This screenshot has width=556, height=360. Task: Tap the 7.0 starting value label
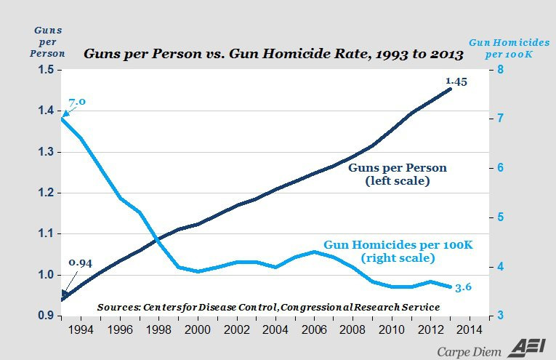(78, 101)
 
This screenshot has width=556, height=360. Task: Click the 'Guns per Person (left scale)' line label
(397, 174)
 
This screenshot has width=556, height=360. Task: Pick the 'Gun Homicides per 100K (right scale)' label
(398, 252)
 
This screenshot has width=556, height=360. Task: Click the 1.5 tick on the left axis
(44, 70)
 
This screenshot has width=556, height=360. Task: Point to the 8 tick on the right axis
(500, 70)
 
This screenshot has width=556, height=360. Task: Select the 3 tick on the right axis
(500, 316)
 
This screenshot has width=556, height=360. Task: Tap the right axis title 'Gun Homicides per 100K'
(509, 49)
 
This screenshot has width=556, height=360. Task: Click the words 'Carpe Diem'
(469, 350)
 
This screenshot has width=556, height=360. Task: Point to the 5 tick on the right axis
(500, 217)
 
